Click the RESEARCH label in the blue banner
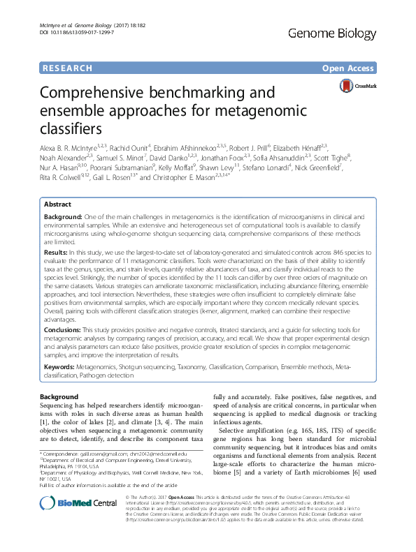pos(66,68)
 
